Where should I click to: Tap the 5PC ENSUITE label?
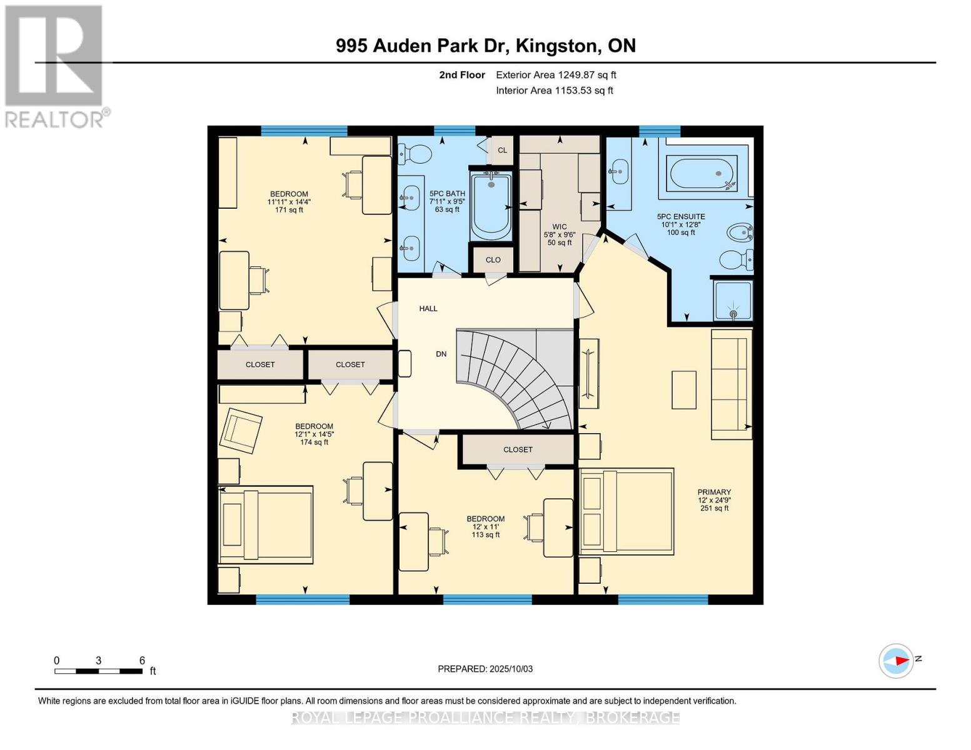[x=681, y=217]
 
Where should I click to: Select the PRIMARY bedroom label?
[x=714, y=492]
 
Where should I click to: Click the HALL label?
[x=428, y=309]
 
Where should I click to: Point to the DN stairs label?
[x=441, y=354]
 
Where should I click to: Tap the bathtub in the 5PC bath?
[x=491, y=206]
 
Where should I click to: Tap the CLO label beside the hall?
[x=493, y=260]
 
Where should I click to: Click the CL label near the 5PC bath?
[x=502, y=151]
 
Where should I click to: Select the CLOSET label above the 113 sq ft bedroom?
[x=518, y=450]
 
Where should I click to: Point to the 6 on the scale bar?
[x=142, y=661]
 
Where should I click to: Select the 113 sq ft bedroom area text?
[x=485, y=535]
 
